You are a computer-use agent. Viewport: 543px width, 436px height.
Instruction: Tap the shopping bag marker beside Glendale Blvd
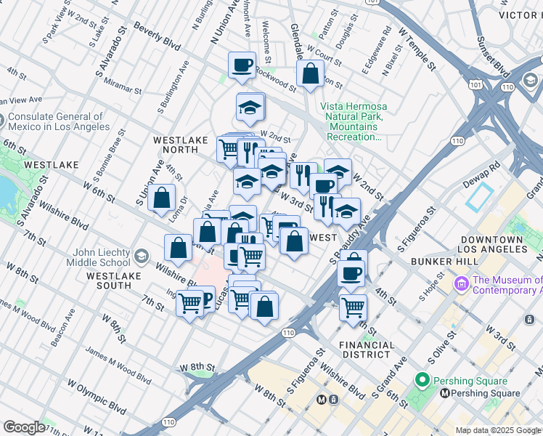(x=310, y=74)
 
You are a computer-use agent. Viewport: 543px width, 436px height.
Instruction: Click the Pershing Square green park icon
(x=422, y=380)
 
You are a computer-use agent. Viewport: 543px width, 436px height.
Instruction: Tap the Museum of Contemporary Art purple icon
(x=460, y=283)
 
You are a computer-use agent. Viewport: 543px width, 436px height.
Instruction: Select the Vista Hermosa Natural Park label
(x=356, y=121)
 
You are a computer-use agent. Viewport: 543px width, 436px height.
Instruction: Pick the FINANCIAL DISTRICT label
(x=367, y=350)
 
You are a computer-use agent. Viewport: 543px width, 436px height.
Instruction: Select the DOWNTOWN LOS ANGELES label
(x=490, y=244)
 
